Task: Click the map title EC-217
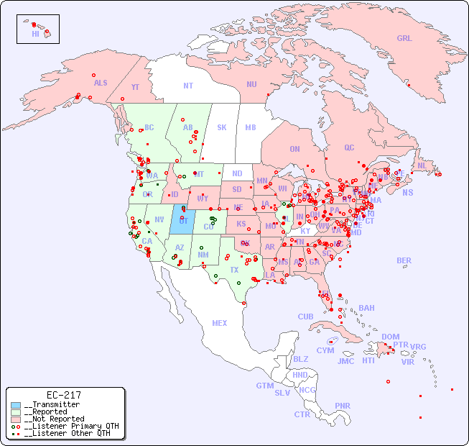tap(63, 395)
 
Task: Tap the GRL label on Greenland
tap(404, 39)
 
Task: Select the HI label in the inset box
tap(35, 34)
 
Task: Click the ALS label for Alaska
tap(101, 83)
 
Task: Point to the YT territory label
tap(135, 87)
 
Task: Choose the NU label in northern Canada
tap(251, 84)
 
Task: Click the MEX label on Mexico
tap(220, 323)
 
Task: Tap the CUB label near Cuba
tap(305, 317)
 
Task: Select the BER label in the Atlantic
tap(404, 260)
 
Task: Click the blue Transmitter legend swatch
tap(15, 405)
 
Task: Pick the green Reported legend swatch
tap(15, 412)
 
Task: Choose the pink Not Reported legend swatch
tap(15, 419)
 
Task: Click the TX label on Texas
tap(234, 270)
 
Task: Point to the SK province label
tap(222, 127)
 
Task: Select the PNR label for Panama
tap(343, 406)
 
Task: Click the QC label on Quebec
tap(349, 147)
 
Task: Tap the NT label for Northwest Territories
tap(188, 86)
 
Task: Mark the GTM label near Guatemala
tap(264, 386)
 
